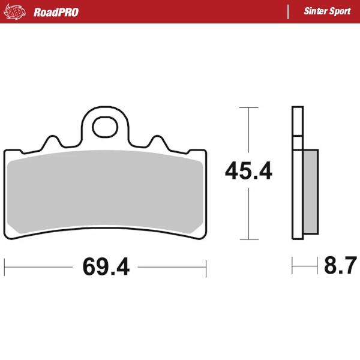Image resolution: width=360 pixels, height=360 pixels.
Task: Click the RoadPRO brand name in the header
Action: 56,12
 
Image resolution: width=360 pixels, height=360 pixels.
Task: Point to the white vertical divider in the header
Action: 289,12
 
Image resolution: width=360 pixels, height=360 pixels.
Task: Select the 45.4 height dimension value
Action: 248,172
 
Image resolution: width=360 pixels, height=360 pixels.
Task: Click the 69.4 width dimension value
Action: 106,266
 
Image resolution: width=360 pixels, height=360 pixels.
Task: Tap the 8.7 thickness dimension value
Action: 340,265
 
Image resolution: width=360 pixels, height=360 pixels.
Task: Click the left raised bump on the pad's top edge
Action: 53,142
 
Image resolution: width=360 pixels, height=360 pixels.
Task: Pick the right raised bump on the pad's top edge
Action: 158,142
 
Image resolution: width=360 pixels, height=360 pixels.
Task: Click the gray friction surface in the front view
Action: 106,192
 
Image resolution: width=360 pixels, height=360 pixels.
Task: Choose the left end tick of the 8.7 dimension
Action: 292,265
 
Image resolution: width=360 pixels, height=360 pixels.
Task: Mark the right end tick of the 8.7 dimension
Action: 317,265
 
